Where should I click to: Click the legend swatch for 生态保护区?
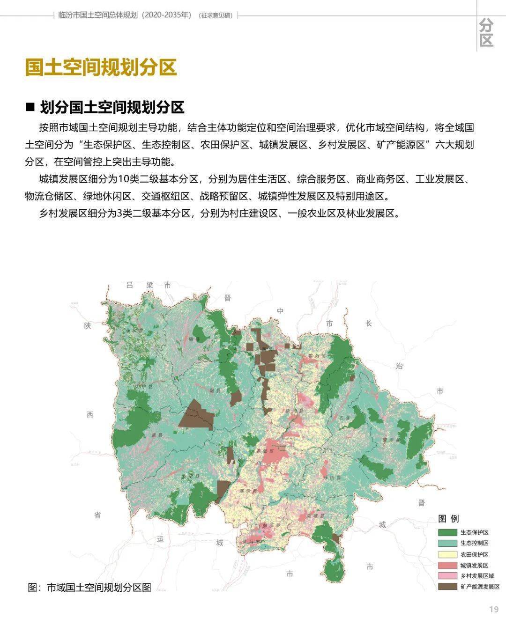coord(447,532)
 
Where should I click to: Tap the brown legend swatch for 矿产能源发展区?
coord(447,586)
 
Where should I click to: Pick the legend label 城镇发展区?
coord(474,565)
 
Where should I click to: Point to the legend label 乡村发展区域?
coord(477,575)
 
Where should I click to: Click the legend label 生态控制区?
coord(474,543)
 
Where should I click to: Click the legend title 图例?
coord(448,519)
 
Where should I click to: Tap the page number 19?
coord(493,609)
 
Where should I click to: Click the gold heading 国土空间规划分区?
coord(101,67)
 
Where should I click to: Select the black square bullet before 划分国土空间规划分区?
coord(30,107)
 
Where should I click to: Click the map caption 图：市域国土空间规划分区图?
coord(89,587)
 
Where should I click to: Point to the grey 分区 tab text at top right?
coord(486,32)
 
